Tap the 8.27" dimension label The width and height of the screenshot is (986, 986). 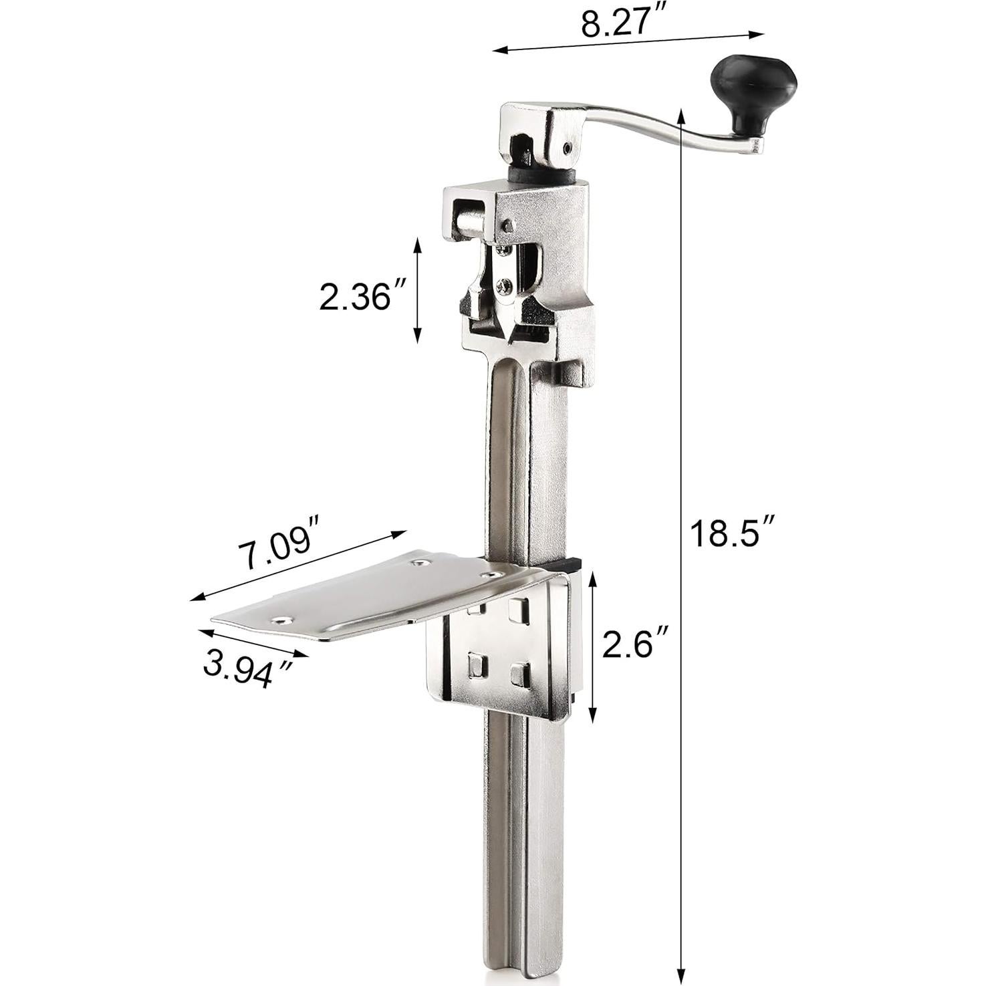coord(615,23)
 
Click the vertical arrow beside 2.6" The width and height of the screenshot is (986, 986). coord(592,646)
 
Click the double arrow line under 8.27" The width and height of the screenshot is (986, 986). coord(628,41)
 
